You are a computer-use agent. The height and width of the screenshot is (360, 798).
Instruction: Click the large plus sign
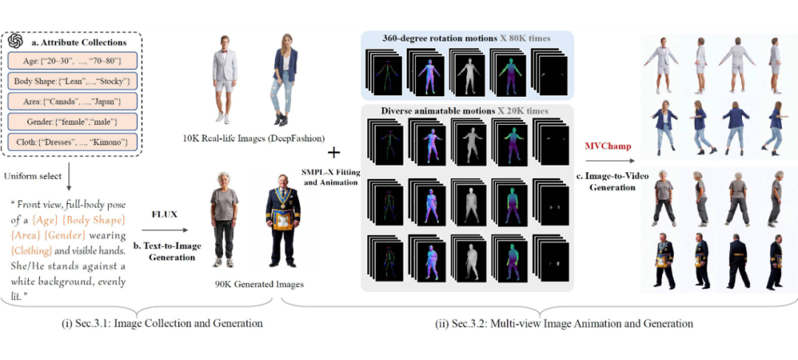(x=334, y=152)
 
